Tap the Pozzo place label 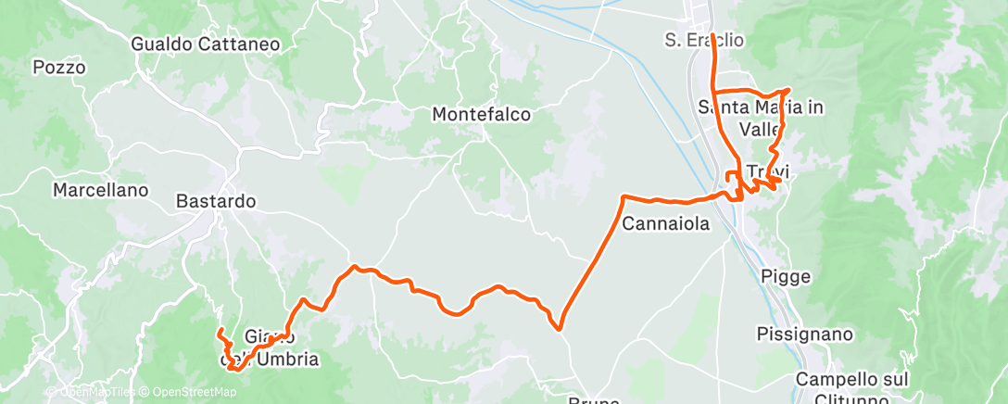tap(58, 68)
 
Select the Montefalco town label tap(482, 115)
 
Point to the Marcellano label tap(100, 191)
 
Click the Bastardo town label tap(215, 200)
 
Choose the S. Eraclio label tap(704, 40)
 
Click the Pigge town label tap(785, 276)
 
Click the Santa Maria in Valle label tap(761, 118)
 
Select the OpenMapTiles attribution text tap(88, 393)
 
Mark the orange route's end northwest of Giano tap(219, 331)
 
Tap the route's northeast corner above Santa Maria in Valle tap(787, 90)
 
